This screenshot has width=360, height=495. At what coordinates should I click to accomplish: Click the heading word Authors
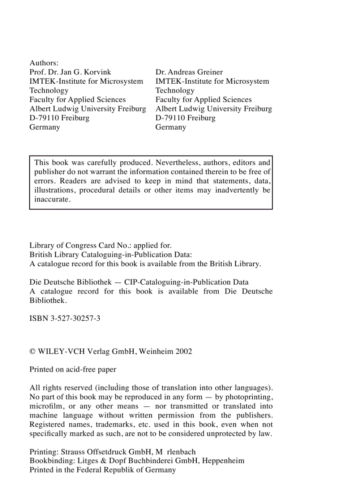pyautogui.click(x=44, y=63)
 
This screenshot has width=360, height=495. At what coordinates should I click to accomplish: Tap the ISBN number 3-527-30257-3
pyautogui.click(x=72, y=318)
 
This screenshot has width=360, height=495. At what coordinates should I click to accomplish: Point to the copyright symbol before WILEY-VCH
pyautogui.click(x=32, y=352)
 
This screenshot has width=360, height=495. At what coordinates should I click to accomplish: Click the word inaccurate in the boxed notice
pyautogui.click(x=52, y=199)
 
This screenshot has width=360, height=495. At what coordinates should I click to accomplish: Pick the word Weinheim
pyautogui.click(x=155, y=352)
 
